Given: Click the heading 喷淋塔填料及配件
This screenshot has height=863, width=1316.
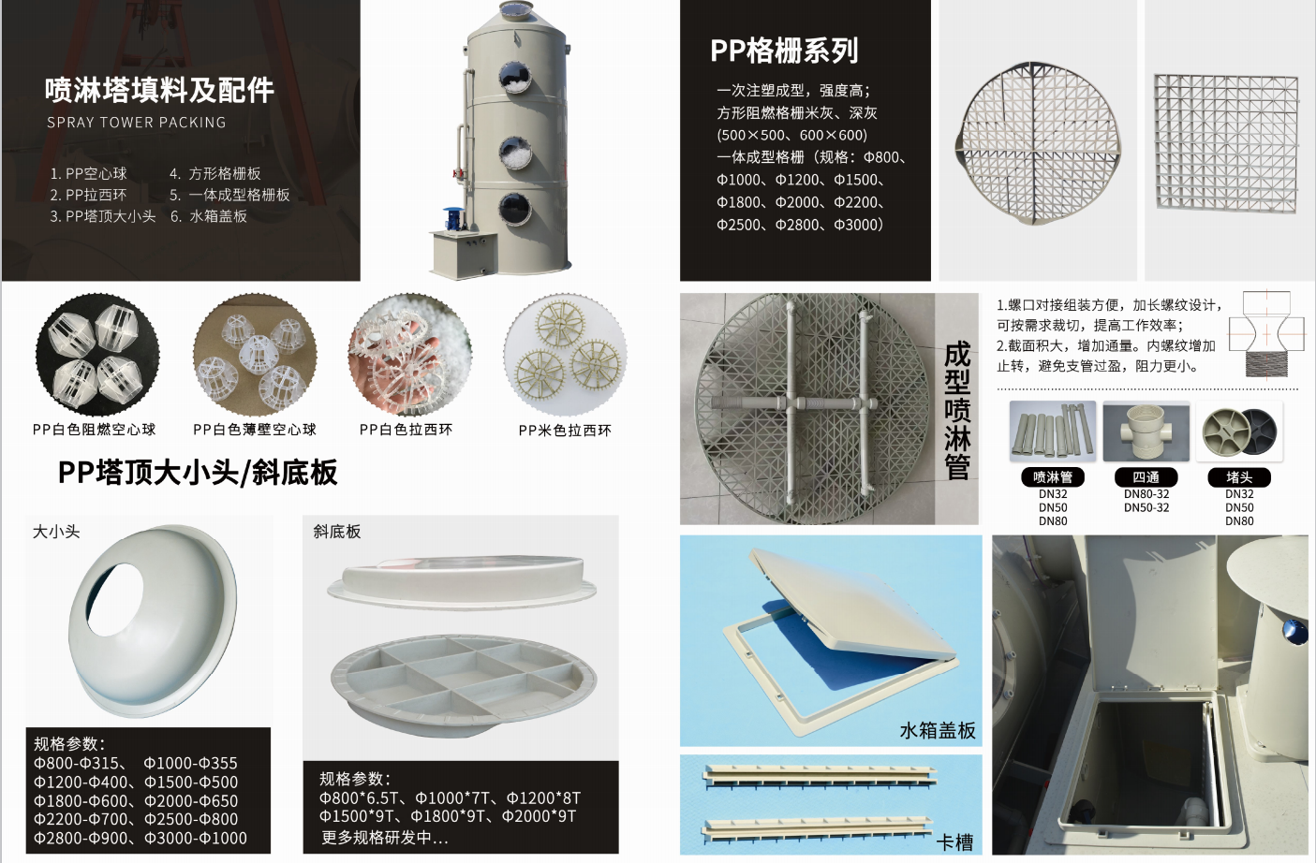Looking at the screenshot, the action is [x=159, y=91].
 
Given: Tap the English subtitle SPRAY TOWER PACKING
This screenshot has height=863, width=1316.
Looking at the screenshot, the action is [x=137, y=122].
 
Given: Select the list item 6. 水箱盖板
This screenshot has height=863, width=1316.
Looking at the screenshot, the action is [x=209, y=216].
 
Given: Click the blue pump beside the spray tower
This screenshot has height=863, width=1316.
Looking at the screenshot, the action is [x=453, y=218].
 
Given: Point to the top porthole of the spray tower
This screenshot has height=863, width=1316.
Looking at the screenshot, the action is [x=515, y=78].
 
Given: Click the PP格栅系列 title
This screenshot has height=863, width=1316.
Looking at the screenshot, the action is [x=784, y=51].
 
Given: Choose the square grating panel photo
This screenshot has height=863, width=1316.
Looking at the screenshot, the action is [x=1226, y=142].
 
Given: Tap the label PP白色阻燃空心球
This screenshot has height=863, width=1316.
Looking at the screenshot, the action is [x=94, y=430].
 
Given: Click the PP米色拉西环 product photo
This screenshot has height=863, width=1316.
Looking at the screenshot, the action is [x=565, y=355].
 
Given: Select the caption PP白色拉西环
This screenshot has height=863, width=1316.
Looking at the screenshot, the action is [x=406, y=430].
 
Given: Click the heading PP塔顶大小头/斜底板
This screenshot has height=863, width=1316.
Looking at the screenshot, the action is [x=198, y=473].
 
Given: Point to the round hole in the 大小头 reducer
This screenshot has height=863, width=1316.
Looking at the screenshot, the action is [x=115, y=599].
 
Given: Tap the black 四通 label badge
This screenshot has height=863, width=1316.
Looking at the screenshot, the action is [x=1146, y=477].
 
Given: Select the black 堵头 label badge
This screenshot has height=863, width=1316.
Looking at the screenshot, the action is [x=1239, y=477].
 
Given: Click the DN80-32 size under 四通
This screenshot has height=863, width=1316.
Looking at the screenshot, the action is [x=1146, y=494].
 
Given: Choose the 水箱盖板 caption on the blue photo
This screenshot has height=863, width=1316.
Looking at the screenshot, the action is [x=938, y=731].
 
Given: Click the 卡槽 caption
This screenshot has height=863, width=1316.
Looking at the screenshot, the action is [x=954, y=843].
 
